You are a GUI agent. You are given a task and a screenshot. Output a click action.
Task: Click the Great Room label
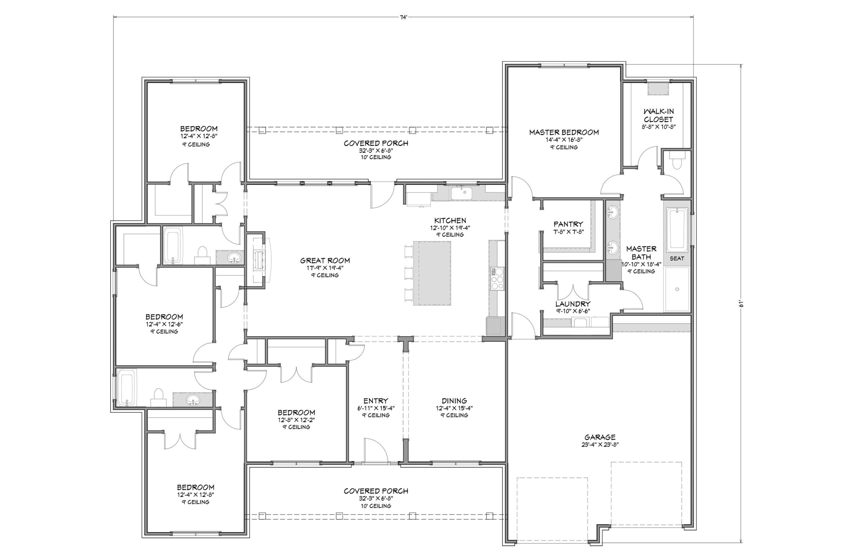(x=325, y=261)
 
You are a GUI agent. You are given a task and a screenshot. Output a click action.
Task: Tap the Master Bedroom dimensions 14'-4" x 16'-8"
(x=564, y=140)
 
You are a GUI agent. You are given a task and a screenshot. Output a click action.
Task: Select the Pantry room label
(x=568, y=224)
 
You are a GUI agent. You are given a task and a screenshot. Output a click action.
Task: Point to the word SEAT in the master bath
(x=677, y=258)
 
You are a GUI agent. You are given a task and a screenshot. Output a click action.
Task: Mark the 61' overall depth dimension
(x=741, y=304)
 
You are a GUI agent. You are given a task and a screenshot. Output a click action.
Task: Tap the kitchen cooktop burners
(x=498, y=279)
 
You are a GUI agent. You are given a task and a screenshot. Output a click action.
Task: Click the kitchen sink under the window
(x=464, y=193)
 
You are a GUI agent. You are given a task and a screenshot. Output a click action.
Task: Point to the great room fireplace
(x=260, y=260)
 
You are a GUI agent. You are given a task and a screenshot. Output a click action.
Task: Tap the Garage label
(x=600, y=437)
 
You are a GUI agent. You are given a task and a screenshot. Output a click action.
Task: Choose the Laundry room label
(x=573, y=304)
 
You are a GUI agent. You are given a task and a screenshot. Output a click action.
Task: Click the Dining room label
(x=454, y=400)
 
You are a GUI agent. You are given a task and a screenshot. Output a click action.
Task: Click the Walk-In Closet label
(x=658, y=115)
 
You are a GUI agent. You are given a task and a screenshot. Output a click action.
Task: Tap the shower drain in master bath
(x=677, y=289)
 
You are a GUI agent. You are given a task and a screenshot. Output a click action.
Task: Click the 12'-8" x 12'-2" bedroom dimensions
(x=296, y=420)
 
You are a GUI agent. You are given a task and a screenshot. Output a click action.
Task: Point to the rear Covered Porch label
(x=376, y=143)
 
